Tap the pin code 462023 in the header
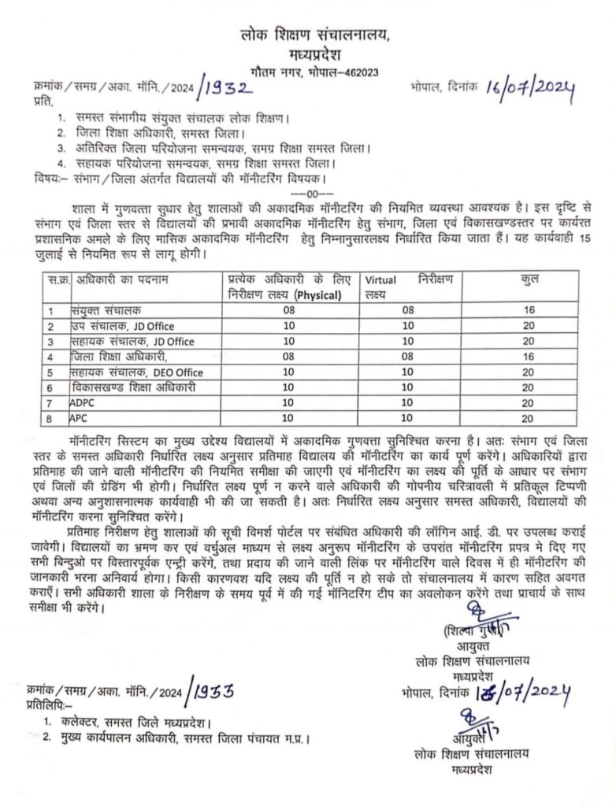click(359, 71)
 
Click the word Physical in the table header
click(316, 296)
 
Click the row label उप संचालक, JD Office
click(121, 326)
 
